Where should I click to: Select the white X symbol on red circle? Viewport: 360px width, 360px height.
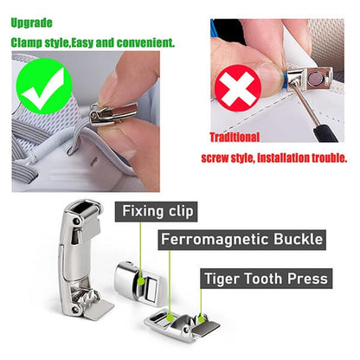pyautogui.click(x=244, y=86)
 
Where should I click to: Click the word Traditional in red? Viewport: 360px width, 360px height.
pyautogui.click(x=235, y=137)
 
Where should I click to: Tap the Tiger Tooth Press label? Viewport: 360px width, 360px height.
pyautogui.click(x=265, y=279)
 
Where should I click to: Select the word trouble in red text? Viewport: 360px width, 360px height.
pyautogui.click(x=326, y=157)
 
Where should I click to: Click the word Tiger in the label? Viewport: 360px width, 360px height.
pyautogui.click(x=223, y=279)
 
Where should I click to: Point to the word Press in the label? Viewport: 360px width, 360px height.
pyautogui.click(x=307, y=279)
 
